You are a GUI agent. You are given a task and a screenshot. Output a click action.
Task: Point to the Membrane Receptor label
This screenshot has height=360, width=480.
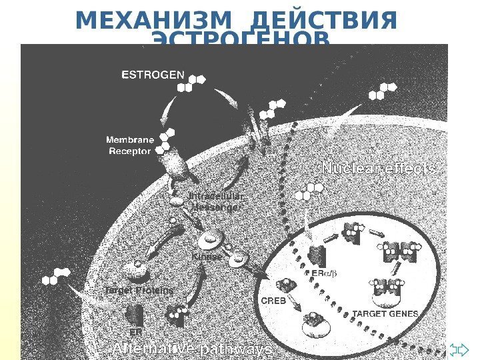(x=131, y=145)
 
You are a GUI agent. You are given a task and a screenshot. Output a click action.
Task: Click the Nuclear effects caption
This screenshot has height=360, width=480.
(x=379, y=169)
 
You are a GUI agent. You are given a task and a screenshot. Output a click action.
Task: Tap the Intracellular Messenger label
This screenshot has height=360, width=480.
(x=215, y=201)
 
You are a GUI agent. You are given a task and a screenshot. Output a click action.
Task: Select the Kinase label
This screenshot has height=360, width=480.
(x=207, y=255)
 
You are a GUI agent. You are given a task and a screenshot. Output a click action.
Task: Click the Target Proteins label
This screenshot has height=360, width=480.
(x=139, y=291)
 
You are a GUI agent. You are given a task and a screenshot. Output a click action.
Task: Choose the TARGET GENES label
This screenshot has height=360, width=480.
(x=385, y=313)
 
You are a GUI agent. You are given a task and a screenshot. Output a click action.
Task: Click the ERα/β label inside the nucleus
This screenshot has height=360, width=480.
(x=321, y=273)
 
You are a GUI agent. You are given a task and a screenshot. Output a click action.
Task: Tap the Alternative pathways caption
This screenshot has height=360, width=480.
(x=193, y=349)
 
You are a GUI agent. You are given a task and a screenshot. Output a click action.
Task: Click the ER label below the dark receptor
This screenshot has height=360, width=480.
(x=135, y=331)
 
